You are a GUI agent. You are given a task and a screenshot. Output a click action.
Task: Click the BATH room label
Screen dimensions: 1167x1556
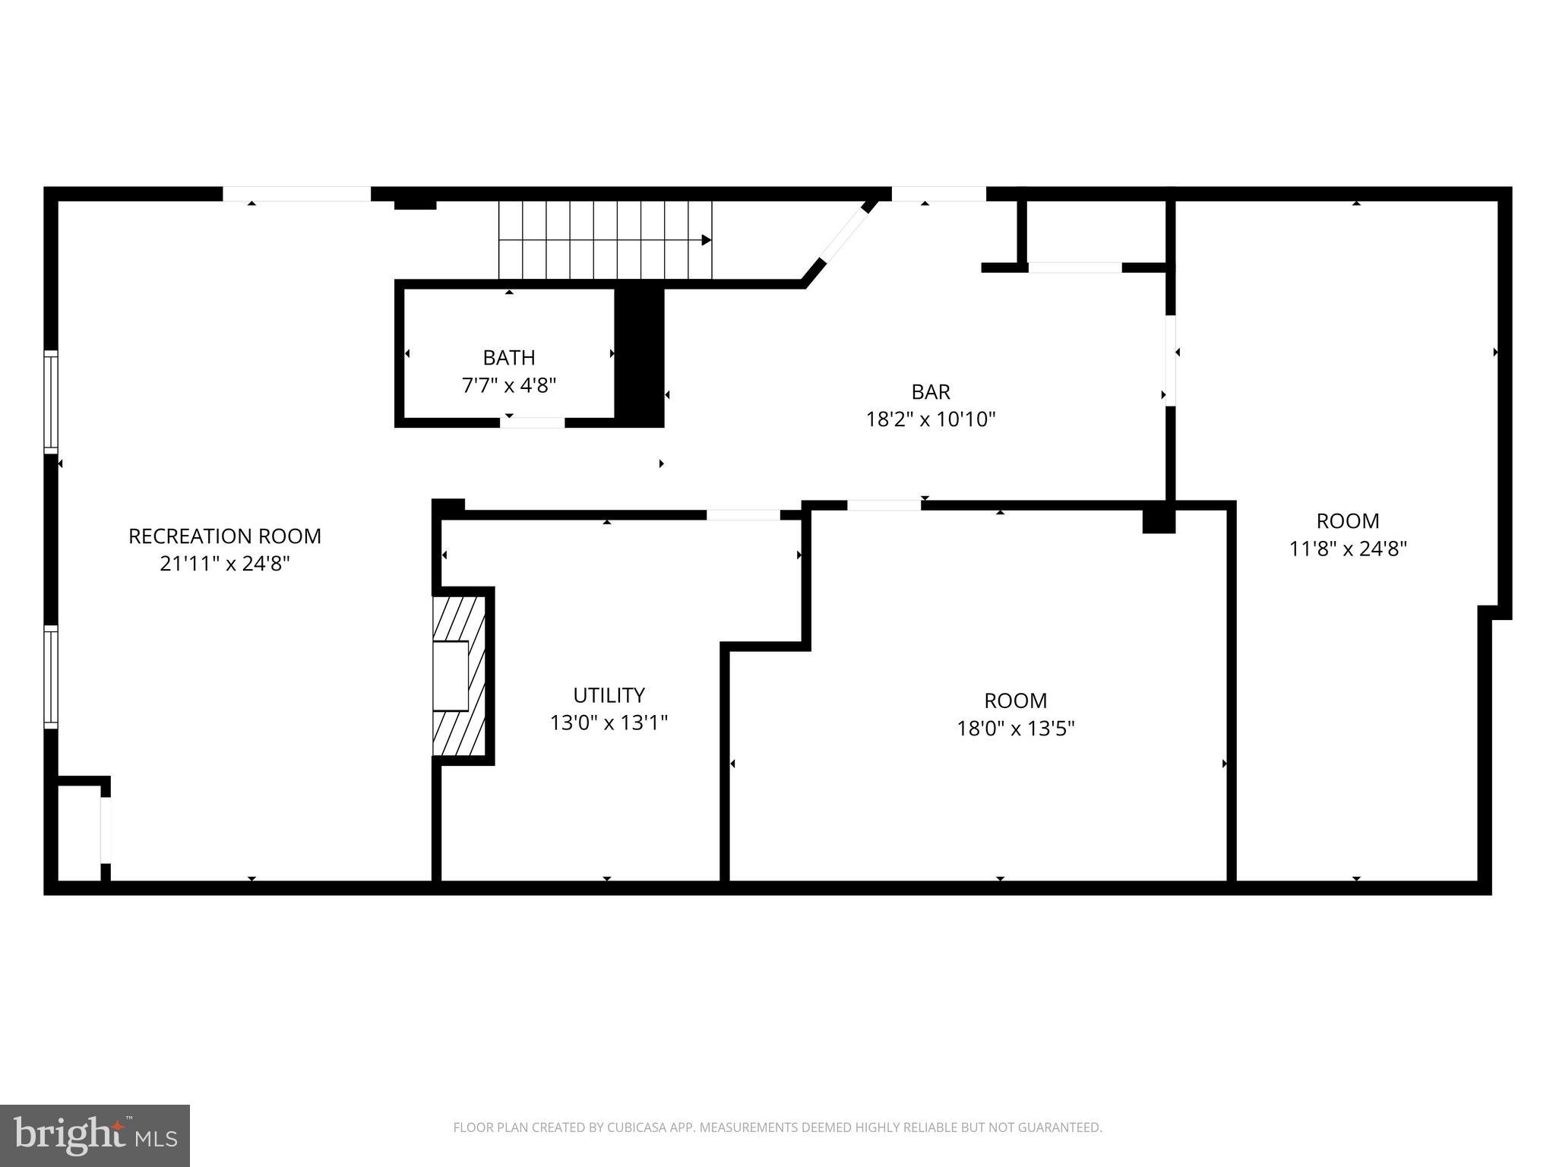click(508, 357)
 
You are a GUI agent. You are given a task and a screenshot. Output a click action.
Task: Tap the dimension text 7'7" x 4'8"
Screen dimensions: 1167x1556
click(508, 385)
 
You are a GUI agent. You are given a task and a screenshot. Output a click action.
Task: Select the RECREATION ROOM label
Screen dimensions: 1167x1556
click(224, 536)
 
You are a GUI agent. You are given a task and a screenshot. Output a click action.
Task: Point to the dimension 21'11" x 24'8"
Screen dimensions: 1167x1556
click(224, 564)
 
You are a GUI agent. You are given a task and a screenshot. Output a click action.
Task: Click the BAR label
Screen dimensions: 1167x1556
click(930, 392)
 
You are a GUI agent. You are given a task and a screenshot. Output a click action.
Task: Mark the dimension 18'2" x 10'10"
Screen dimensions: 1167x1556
click(930, 419)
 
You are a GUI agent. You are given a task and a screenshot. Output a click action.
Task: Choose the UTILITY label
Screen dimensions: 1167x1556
click(609, 695)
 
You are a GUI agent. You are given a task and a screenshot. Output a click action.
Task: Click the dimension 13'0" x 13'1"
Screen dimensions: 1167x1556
click(609, 723)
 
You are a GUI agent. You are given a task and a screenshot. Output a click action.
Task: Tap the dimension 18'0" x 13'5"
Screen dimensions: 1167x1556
click(1015, 729)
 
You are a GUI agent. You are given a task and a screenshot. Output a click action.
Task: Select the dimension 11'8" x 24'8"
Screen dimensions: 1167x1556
click(1347, 549)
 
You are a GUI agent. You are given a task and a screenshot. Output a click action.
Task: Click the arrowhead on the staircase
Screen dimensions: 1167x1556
click(706, 240)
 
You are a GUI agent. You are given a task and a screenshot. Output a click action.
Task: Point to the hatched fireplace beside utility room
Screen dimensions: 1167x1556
click(459, 675)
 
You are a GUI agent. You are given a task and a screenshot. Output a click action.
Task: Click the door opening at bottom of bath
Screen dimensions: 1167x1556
click(532, 422)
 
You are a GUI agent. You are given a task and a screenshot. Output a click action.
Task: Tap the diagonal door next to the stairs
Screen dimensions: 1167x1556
click(845, 235)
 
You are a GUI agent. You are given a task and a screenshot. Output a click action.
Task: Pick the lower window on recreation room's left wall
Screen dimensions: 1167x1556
click(51, 676)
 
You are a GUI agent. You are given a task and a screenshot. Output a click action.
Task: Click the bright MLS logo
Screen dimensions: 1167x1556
click(94, 1135)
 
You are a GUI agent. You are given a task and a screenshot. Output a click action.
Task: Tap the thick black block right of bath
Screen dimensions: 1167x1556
click(639, 357)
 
